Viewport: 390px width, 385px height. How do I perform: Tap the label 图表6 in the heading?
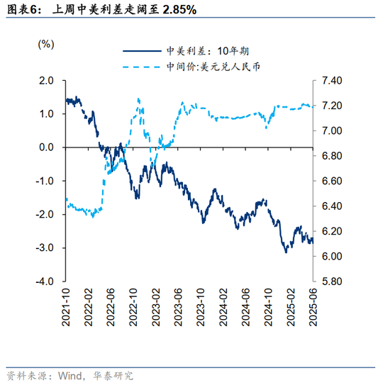point(21,11)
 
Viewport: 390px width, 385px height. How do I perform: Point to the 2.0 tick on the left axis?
point(45,81)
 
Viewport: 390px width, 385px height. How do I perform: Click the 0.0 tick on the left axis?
point(45,147)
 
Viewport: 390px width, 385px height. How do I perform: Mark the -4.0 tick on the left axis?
point(44,281)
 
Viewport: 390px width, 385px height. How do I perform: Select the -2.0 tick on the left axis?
point(44,214)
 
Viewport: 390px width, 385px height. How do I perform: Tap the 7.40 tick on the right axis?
point(333,81)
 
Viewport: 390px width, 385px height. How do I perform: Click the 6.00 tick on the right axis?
point(333,257)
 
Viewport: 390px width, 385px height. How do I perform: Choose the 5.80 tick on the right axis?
point(333,281)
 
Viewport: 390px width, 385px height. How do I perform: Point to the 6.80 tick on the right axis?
point(333,156)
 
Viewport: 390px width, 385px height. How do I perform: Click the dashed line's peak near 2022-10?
point(138,99)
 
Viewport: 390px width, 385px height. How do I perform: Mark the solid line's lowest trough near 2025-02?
point(286,252)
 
